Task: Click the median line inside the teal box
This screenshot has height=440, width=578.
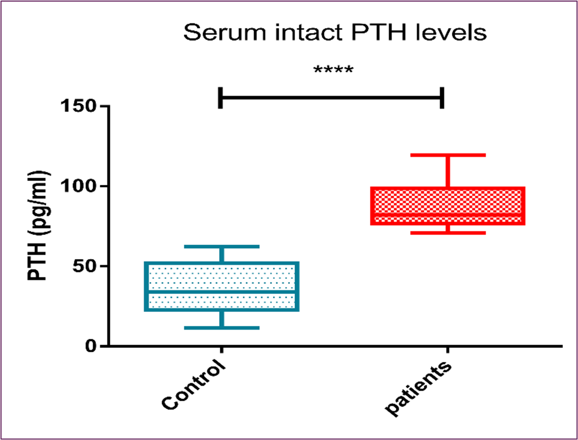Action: [x=221, y=291]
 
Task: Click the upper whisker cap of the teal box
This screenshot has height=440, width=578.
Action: [x=221, y=247]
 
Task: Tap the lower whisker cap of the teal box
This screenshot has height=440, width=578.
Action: [x=221, y=327]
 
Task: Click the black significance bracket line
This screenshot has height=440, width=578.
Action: [x=331, y=97]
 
